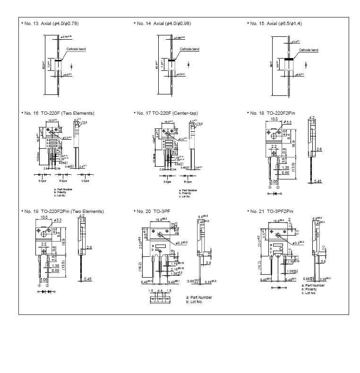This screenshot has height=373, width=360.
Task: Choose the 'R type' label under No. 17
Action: point(188,181)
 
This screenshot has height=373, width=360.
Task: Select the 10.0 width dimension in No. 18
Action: point(275,120)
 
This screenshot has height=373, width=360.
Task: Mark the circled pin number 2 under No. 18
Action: point(278,186)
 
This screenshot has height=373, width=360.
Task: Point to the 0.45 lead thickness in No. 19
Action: point(87,280)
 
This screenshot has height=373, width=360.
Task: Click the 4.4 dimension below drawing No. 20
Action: point(160,291)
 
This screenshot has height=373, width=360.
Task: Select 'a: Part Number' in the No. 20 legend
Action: point(199,297)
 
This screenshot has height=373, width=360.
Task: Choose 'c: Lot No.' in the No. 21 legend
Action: point(309,293)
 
